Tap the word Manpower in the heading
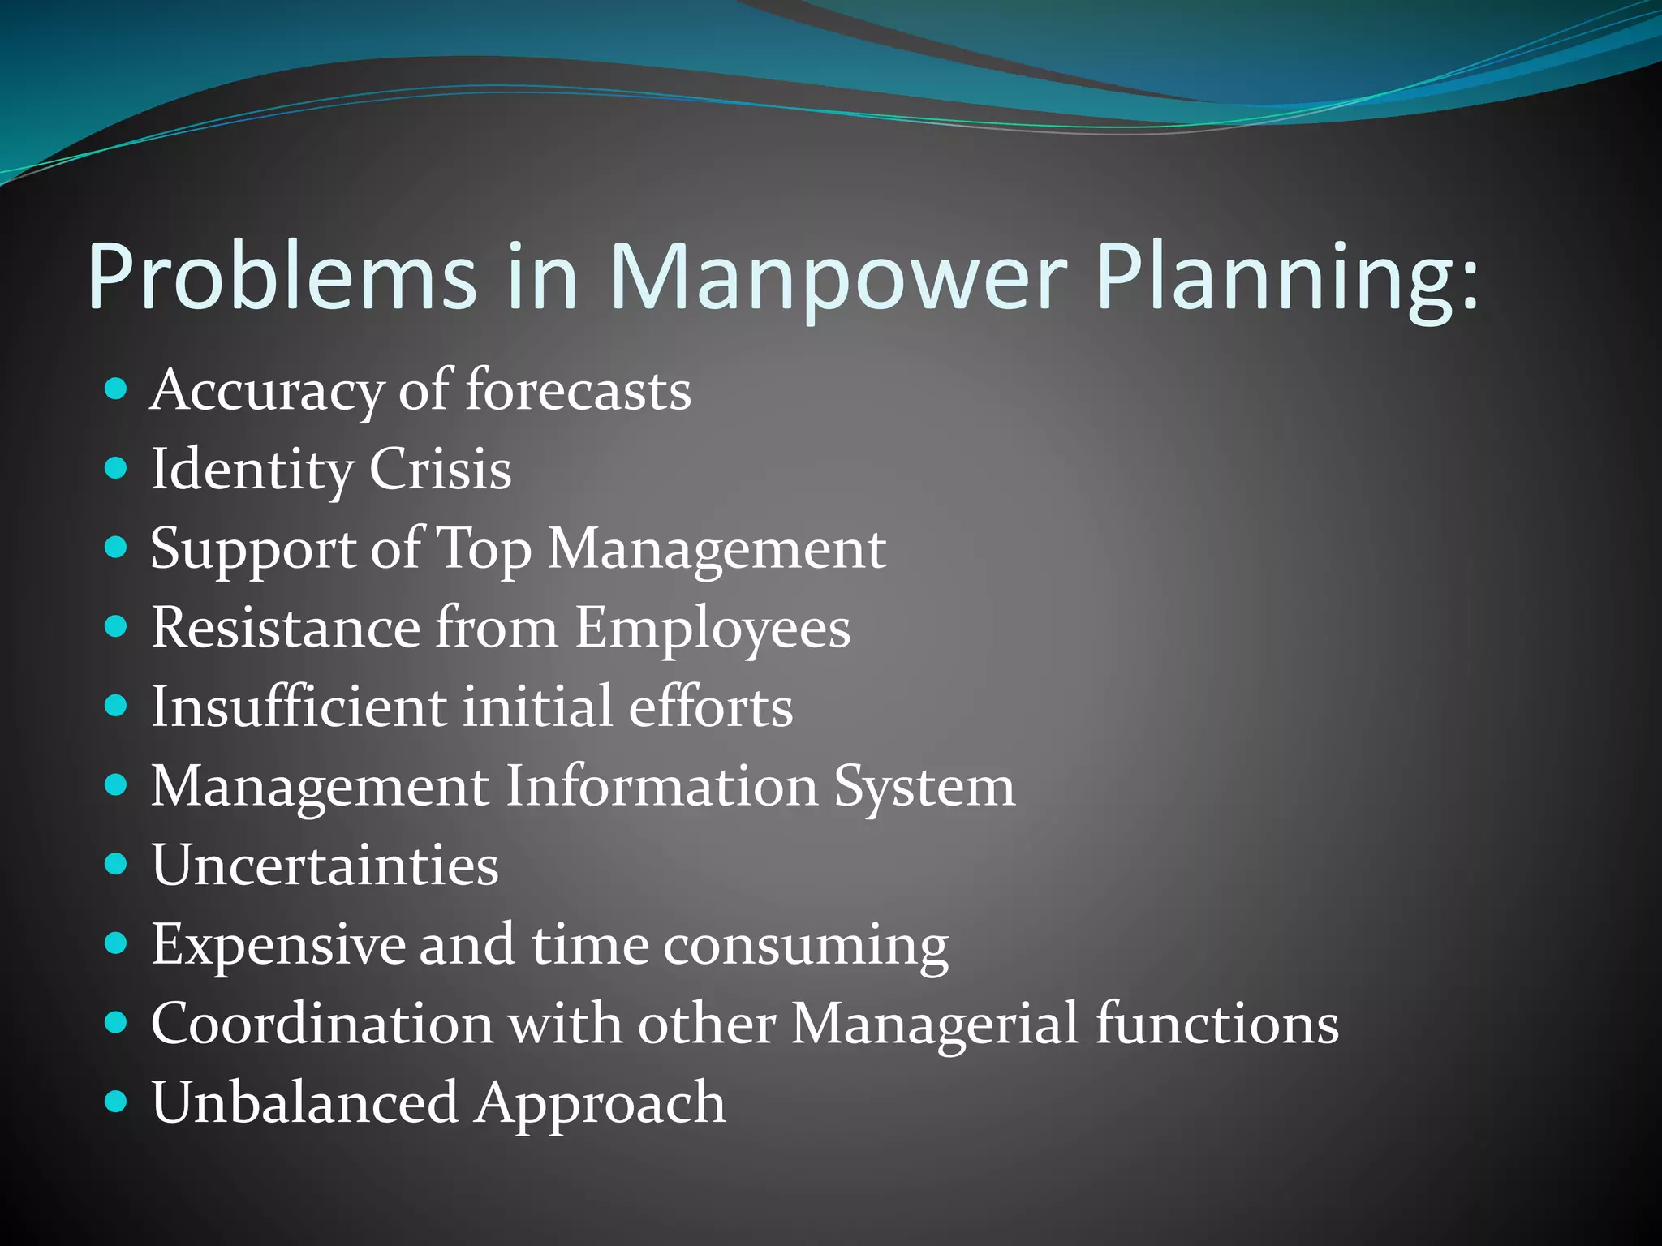[x=836, y=277]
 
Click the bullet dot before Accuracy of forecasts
[x=117, y=389]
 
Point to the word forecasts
[x=578, y=391]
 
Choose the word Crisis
[x=440, y=470]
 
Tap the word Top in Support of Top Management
[x=484, y=549]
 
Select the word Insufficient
[x=299, y=707]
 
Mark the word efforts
[x=710, y=707]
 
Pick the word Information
[x=661, y=786]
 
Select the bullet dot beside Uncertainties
[x=117, y=865]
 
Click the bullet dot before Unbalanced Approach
[x=117, y=1102]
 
